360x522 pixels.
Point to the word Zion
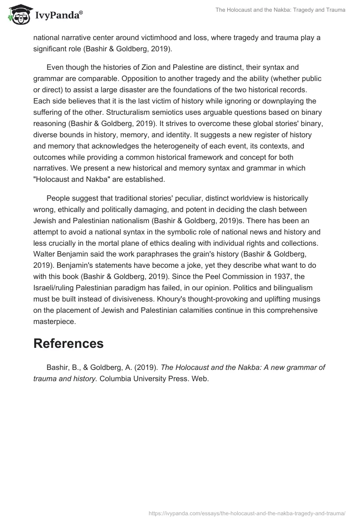(164, 68)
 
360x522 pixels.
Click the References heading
(68, 343)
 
